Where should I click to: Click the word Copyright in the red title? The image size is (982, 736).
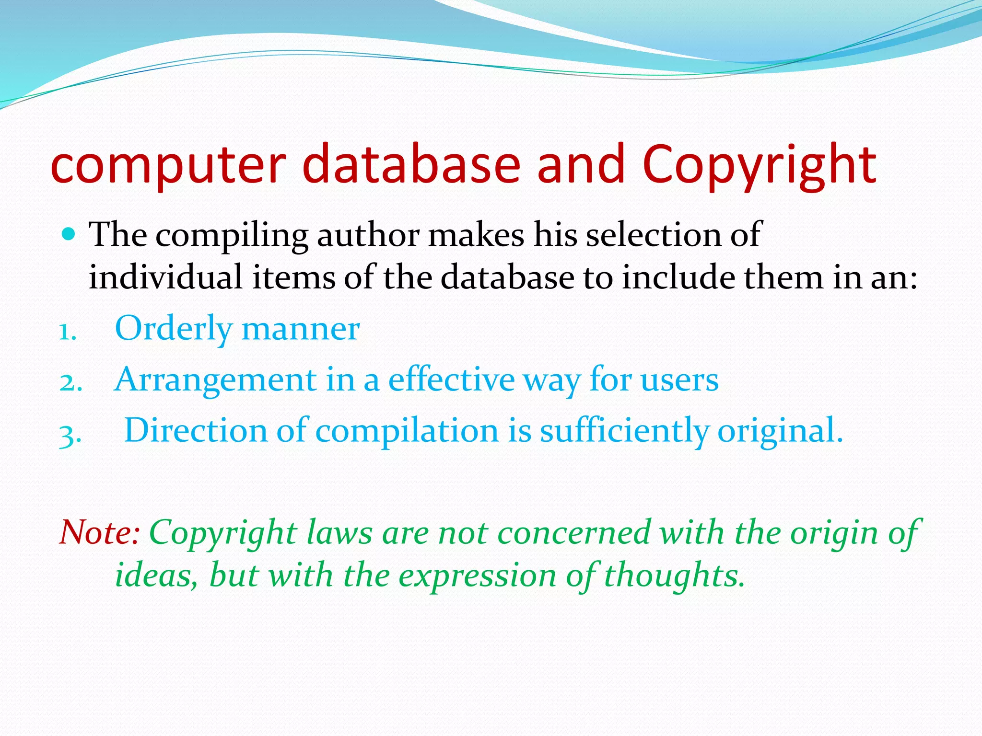[759, 165]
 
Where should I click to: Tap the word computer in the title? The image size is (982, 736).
[168, 165]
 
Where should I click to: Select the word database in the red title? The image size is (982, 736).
[411, 165]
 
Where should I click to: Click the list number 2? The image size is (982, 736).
[70, 382]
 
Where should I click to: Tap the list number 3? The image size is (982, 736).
[70, 434]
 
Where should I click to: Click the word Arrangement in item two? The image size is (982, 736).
[215, 380]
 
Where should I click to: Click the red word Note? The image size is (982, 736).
[99, 532]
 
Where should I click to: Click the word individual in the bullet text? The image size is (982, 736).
[165, 278]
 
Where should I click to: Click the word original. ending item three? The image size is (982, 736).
[780, 430]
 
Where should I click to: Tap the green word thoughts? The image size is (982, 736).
[674, 575]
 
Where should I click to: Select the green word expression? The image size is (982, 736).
[477, 575]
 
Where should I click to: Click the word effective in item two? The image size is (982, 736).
[451, 380]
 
